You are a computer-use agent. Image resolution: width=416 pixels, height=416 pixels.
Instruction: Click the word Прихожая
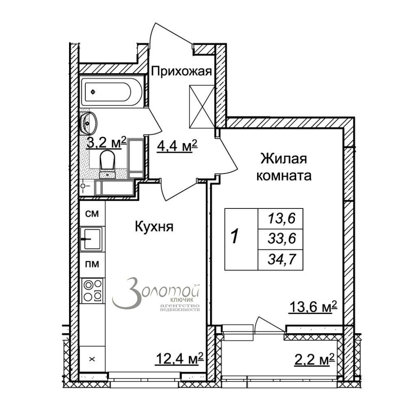pos(182,71)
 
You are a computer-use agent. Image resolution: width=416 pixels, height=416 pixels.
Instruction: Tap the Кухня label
pos(154,227)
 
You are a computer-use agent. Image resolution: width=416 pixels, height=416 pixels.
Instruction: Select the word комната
pos(284,176)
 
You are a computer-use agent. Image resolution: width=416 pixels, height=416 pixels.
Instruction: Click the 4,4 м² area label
pos(177,146)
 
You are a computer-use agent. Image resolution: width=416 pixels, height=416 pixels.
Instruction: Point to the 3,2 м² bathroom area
pos(106,143)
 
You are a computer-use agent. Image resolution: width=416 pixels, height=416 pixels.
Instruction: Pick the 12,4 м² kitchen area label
pos(179,359)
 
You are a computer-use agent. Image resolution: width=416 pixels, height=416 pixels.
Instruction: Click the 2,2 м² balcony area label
pos(314,360)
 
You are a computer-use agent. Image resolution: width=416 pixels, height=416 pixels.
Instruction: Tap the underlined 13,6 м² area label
pos(313,307)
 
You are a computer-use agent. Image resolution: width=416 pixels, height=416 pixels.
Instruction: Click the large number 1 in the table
pos(234,237)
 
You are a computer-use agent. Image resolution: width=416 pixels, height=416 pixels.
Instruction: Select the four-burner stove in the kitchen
pos(93,291)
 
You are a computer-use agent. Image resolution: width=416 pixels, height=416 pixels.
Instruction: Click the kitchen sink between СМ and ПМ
pos(91,239)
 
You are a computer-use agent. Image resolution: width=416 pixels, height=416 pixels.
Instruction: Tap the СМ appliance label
pos(92,214)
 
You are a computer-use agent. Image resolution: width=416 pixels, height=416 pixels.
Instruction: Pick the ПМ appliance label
pos(92,264)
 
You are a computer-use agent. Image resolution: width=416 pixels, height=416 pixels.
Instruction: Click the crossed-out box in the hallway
pos(202,106)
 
